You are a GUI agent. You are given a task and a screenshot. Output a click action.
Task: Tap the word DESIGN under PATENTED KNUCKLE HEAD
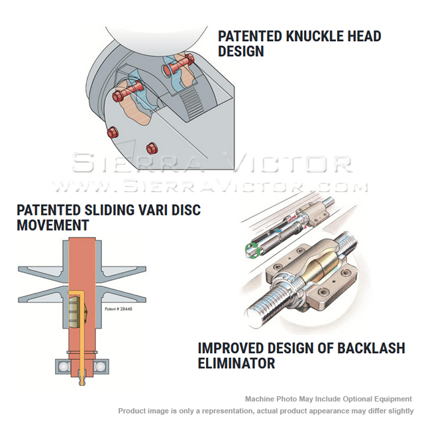pos(240,52)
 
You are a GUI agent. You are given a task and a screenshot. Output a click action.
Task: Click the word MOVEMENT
pos(53,225)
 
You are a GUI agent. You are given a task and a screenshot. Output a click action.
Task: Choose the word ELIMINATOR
pos(237,363)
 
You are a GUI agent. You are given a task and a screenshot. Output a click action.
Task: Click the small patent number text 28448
pos(126,309)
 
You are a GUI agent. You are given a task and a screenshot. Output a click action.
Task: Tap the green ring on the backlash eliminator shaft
pos(252,250)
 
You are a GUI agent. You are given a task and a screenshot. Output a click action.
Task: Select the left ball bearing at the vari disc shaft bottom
pos(64,367)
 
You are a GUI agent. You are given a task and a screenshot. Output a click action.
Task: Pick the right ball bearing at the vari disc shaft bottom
pos(99,367)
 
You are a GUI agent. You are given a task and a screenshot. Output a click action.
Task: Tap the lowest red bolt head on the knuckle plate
pos(152,148)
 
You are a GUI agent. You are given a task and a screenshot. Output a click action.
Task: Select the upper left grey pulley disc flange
pos(42,272)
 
